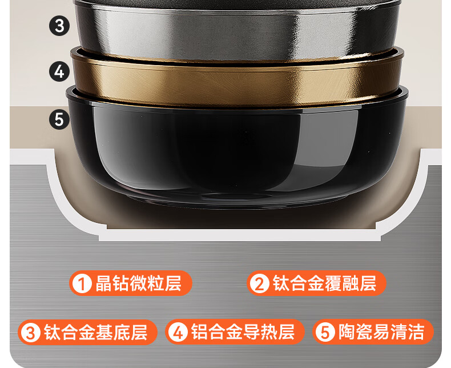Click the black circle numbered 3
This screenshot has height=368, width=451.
point(59,26)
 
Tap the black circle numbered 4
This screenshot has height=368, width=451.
point(59,71)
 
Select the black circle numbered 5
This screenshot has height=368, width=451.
point(59,119)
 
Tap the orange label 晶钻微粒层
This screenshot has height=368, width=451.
point(131,283)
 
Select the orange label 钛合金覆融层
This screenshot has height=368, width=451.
point(316,283)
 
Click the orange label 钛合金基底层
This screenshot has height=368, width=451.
point(88,332)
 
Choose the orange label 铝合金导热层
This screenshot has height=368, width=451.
point(235,332)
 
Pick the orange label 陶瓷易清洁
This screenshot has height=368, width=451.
point(373,332)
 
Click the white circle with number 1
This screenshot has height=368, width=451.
point(82,283)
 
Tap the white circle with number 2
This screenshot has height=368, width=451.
point(259,283)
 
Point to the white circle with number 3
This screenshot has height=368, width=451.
point(31,333)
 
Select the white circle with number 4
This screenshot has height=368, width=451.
point(178,333)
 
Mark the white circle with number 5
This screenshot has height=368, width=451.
point(325,333)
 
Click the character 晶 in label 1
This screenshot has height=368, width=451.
point(103,283)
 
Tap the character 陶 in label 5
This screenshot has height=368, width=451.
point(347,332)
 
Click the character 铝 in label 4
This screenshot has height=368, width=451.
point(200,332)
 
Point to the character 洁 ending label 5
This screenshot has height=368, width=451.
point(416,332)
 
